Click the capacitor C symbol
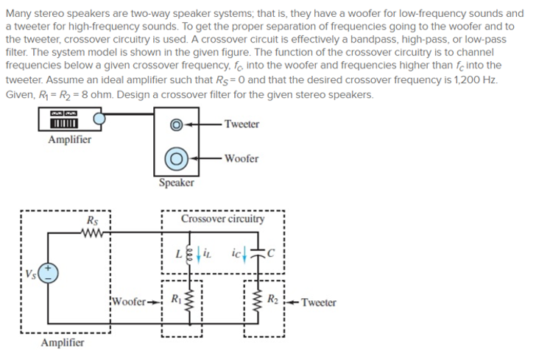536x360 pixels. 258,253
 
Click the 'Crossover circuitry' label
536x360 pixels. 222,219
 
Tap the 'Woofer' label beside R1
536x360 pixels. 131,302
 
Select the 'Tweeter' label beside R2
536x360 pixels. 318,302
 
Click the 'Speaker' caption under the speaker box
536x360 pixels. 177,182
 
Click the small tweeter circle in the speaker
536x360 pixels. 176,124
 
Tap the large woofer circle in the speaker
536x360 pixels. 177,158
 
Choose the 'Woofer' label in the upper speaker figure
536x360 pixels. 241,158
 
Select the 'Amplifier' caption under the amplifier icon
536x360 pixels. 69,139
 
